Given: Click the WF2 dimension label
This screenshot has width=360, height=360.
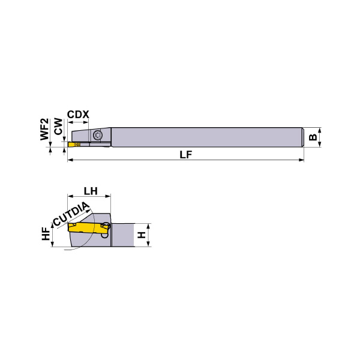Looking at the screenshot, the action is click(x=44, y=129).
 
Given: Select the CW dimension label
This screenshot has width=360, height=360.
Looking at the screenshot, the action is click(x=58, y=126).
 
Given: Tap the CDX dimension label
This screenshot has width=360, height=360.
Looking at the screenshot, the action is click(x=78, y=115).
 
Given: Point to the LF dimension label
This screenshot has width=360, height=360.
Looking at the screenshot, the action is click(x=186, y=155).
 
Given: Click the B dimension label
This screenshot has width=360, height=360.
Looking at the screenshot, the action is click(x=313, y=137).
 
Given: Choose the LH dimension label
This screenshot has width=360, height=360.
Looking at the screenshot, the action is click(x=91, y=191).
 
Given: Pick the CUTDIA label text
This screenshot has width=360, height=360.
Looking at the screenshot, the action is click(x=71, y=214).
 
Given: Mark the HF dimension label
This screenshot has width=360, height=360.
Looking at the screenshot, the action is click(x=46, y=234).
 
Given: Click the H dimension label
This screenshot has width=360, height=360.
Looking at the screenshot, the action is click(x=142, y=235).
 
